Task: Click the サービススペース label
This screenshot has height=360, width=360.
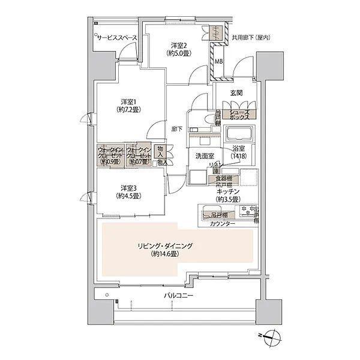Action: pyautogui.click(x=118, y=38)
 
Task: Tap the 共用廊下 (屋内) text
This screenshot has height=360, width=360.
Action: pyautogui.click(x=251, y=38)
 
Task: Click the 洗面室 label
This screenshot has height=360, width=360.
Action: pyautogui.click(x=205, y=156)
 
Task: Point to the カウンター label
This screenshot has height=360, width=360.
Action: pyautogui.click(x=223, y=224)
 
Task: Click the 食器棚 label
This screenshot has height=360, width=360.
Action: pyautogui.click(x=224, y=178)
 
